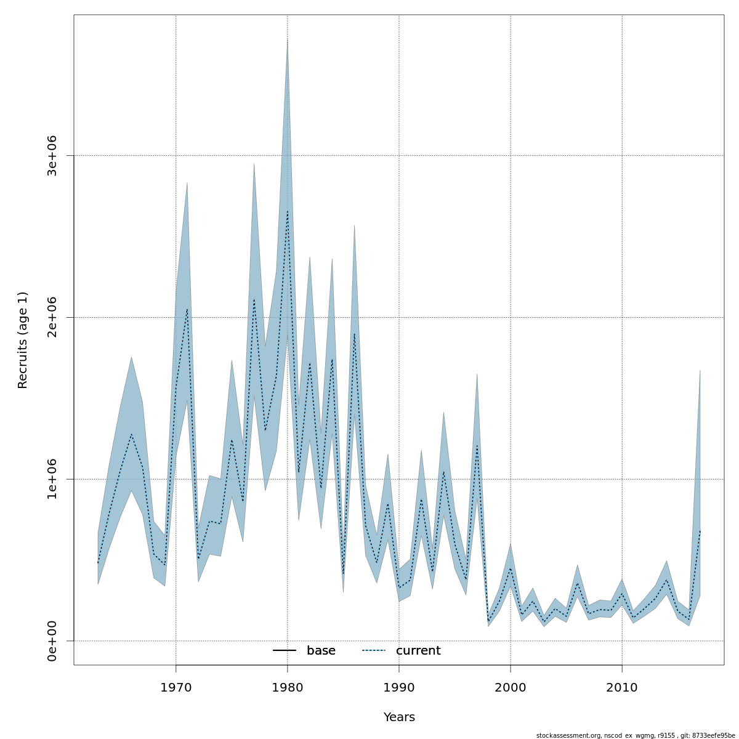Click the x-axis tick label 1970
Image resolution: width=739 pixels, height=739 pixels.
coord(176,687)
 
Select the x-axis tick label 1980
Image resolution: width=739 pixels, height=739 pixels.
coord(288,687)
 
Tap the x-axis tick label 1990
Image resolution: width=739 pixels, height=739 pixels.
coord(399,687)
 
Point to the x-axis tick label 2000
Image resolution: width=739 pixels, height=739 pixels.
coord(511,687)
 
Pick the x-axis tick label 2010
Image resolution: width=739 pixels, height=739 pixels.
coord(622,687)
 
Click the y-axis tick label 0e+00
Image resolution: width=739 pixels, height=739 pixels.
coord(52,641)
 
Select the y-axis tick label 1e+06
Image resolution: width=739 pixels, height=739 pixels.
coord(52,479)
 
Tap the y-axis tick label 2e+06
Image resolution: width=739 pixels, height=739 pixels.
coord(52,317)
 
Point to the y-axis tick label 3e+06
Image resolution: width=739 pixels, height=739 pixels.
coord(52,156)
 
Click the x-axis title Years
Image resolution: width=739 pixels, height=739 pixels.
coord(399,717)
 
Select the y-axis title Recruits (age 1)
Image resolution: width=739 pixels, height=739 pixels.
coord(23,340)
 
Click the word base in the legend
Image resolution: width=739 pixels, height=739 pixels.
coord(321,651)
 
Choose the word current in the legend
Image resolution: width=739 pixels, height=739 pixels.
coord(418,651)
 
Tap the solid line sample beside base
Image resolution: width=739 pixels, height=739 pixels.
coord(285,651)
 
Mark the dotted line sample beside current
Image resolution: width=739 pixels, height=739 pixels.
coord(373,651)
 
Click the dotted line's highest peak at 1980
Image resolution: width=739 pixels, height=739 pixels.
coord(288,212)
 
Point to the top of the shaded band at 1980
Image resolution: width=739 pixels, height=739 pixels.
coord(288,39)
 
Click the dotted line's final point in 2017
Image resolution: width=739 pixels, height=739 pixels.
coord(700,530)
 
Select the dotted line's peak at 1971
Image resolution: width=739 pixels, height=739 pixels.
coord(187,309)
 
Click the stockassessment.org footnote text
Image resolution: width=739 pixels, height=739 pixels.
coord(636,735)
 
